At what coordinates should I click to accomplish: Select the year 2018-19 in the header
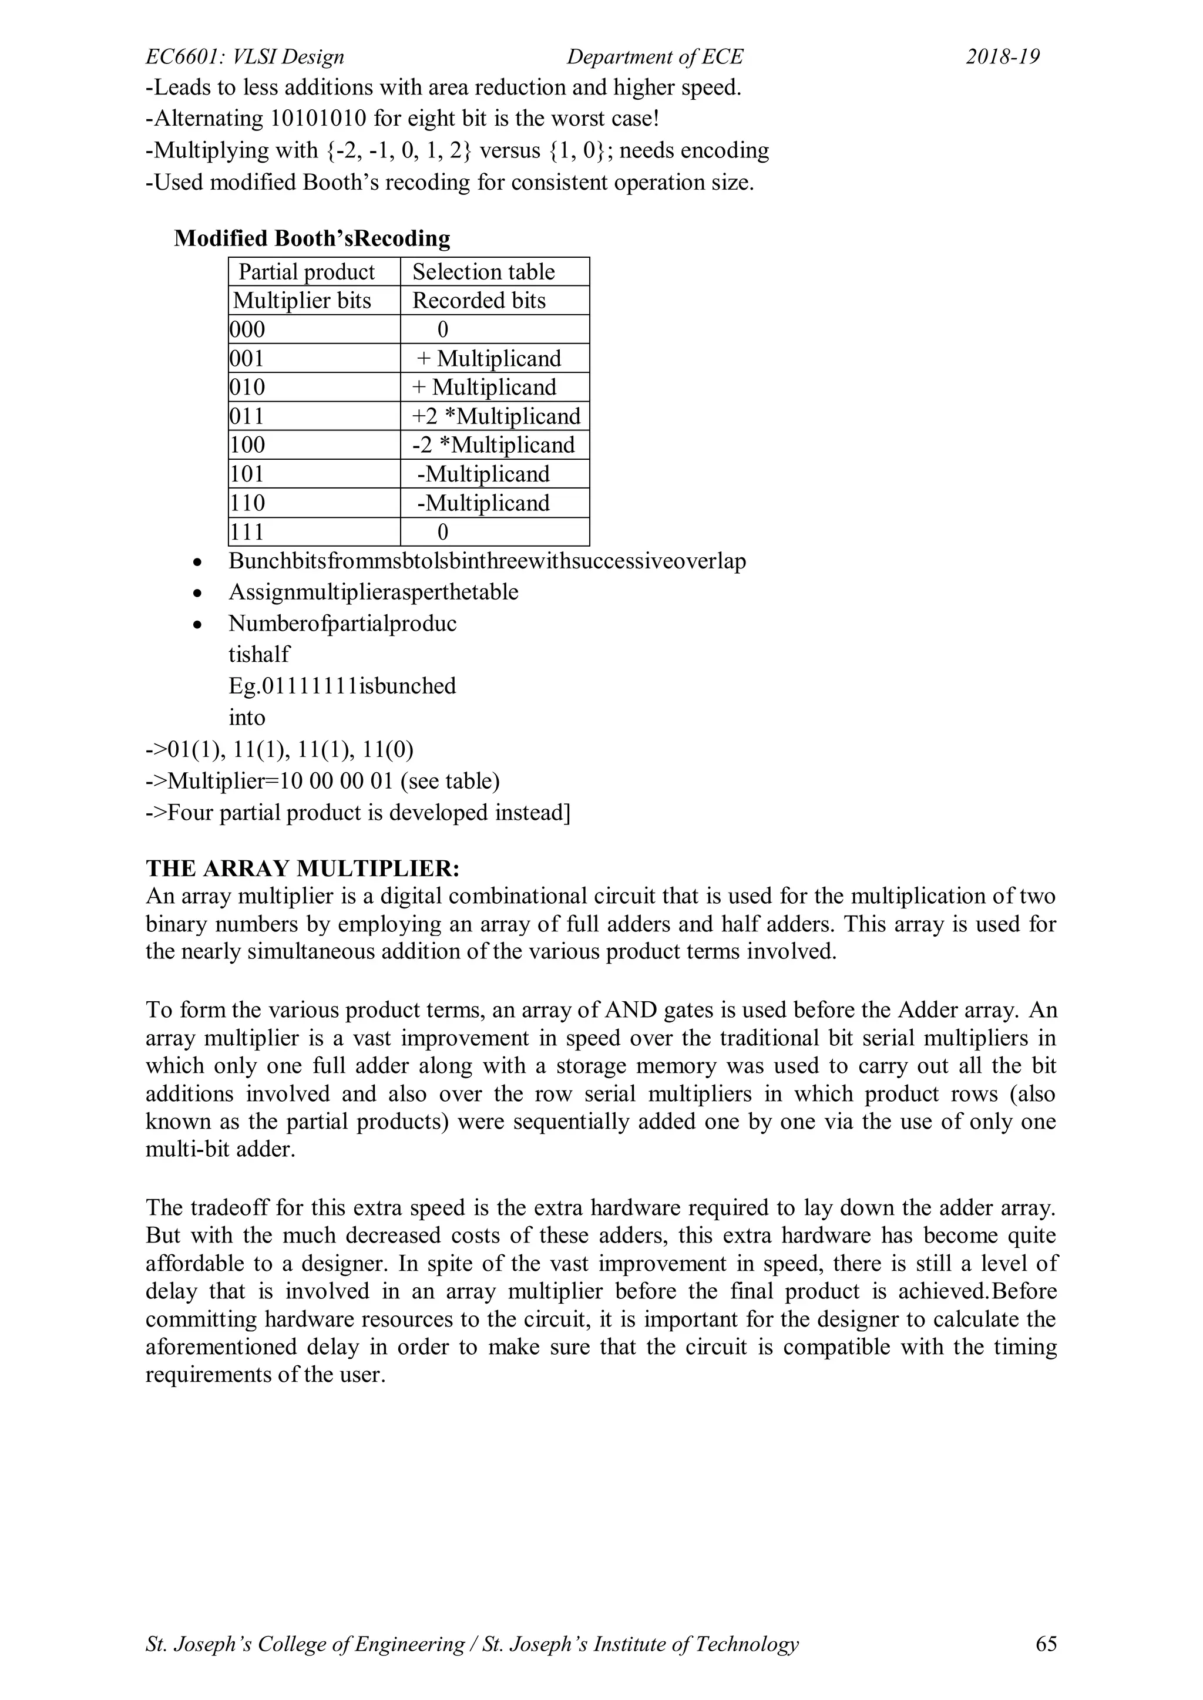click(x=1003, y=57)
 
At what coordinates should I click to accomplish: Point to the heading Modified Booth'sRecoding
click(x=312, y=238)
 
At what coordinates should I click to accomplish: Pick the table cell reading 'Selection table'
click(x=483, y=272)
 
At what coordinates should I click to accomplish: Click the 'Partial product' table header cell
click(x=307, y=272)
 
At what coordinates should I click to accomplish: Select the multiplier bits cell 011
click(x=247, y=416)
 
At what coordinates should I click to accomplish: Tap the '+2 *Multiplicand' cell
click(x=496, y=416)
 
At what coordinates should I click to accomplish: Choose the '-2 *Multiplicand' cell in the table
click(x=493, y=445)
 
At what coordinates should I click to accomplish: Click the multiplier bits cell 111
click(x=247, y=531)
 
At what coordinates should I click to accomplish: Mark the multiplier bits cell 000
click(x=247, y=329)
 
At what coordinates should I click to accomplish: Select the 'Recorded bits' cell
click(x=479, y=301)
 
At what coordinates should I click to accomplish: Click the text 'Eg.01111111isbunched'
click(x=342, y=686)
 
